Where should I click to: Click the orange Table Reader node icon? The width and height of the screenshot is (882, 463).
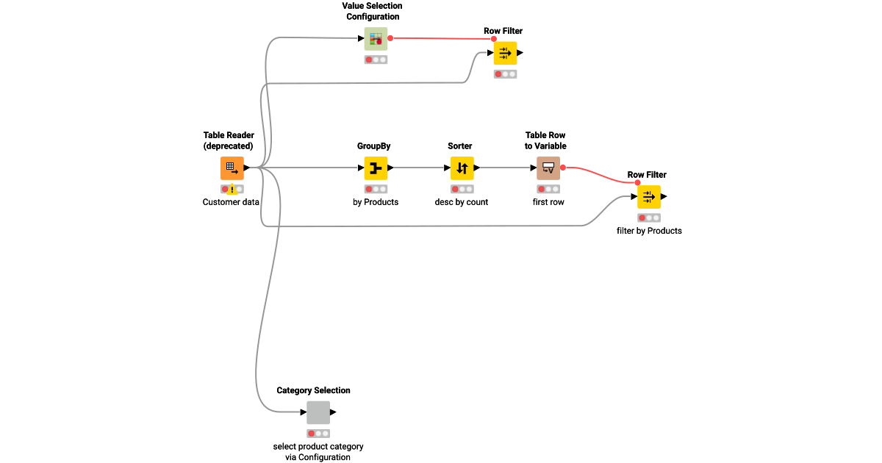point(232,168)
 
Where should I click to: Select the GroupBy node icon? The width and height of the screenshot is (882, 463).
point(376,168)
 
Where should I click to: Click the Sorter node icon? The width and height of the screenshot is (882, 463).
point(462,168)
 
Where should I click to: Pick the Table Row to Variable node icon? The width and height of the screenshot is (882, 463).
point(548,168)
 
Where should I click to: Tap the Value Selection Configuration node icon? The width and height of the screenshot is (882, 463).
point(376,38)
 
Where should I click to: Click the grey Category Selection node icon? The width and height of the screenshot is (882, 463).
point(318,412)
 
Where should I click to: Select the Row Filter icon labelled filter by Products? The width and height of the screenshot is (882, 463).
point(649,197)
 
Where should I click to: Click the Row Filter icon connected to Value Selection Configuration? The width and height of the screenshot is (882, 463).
point(505,53)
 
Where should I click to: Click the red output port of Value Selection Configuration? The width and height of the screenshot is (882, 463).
point(390,38)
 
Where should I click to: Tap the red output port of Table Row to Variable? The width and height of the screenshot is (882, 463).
point(563,168)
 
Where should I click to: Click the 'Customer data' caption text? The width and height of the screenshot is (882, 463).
point(231,202)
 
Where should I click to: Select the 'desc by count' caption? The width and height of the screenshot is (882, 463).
point(462,202)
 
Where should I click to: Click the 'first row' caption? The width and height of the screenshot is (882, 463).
point(548,202)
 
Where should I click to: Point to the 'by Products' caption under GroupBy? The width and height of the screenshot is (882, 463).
point(376,202)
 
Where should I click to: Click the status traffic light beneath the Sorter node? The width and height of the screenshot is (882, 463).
point(462,189)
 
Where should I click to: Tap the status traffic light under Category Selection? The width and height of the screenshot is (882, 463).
point(318,433)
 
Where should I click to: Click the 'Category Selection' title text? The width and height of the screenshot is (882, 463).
point(313,390)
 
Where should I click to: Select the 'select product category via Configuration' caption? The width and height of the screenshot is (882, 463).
point(318,451)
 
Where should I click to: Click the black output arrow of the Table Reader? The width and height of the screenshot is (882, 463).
point(247,168)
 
